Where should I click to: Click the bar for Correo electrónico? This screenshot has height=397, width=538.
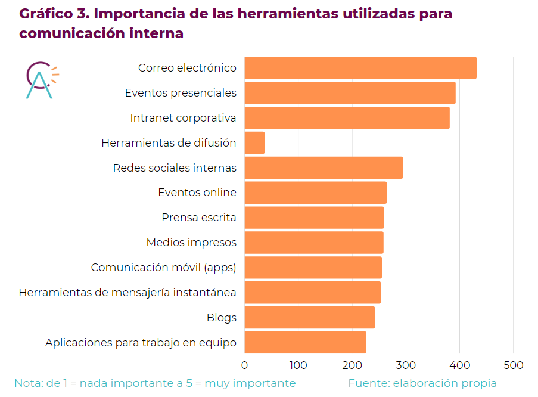pos(360,68)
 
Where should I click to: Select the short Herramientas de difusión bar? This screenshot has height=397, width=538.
pos(254,143)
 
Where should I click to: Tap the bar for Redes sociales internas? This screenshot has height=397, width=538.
pos(324,168)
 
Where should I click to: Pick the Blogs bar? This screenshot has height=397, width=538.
pos(309,318)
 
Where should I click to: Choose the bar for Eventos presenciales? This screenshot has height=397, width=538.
pos(350,93)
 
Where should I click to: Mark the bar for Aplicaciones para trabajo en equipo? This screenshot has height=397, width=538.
pos(305,343)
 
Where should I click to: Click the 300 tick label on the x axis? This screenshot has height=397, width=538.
pos(406,365)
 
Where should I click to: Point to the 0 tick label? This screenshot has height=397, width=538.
pos(245,365)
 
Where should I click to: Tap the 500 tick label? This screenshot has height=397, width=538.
pos(514,365)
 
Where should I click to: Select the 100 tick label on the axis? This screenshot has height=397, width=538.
pos(298,365)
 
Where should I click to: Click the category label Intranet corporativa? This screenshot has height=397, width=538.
pos(183,118)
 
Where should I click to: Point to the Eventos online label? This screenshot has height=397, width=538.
pos(197,193)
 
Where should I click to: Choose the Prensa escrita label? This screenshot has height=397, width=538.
pos(198,218)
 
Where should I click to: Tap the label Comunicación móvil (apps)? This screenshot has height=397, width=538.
pos(163,268)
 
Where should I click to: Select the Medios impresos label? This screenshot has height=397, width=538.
pos(191,243)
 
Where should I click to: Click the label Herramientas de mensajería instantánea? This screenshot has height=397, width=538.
pos(127,293)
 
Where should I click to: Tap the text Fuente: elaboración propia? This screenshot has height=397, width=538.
pos(422,383)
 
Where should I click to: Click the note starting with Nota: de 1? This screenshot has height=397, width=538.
pos(155,383)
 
